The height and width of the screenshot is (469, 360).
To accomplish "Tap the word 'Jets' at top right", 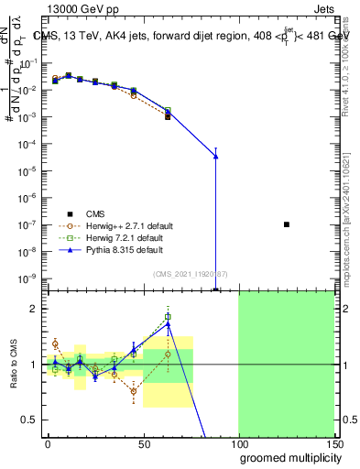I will pyautogui.click(x=324, y=7).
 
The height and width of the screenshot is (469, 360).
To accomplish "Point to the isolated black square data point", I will pyautogui.click(x=287, y=224).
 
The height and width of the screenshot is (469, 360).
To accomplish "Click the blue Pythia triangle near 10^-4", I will pyautogui.click(x=215, y=157).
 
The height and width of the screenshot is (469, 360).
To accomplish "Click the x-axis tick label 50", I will pyautogui.click(x=143, y=443).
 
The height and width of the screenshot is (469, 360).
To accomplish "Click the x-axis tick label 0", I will pyautogui.click(x=48, y=443).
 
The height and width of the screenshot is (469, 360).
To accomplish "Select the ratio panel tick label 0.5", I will pyautogui.click(x=30, y=420).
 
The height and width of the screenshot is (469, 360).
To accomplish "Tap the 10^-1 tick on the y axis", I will pyautogui.click(x=28, y=63).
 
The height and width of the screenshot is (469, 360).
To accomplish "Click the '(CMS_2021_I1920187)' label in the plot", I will pyautogui.click(x=190, y=274).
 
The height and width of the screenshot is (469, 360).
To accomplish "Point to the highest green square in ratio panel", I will pyautogui.click(x=168, y=317).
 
